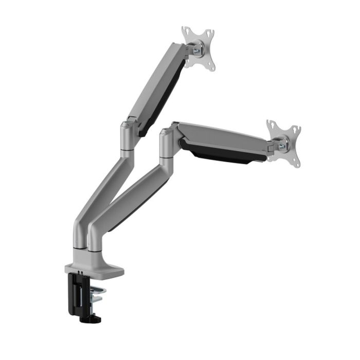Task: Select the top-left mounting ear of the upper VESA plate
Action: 186,32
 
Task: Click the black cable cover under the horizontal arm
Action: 221,155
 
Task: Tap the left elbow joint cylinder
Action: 128,136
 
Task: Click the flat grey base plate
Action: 95,268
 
